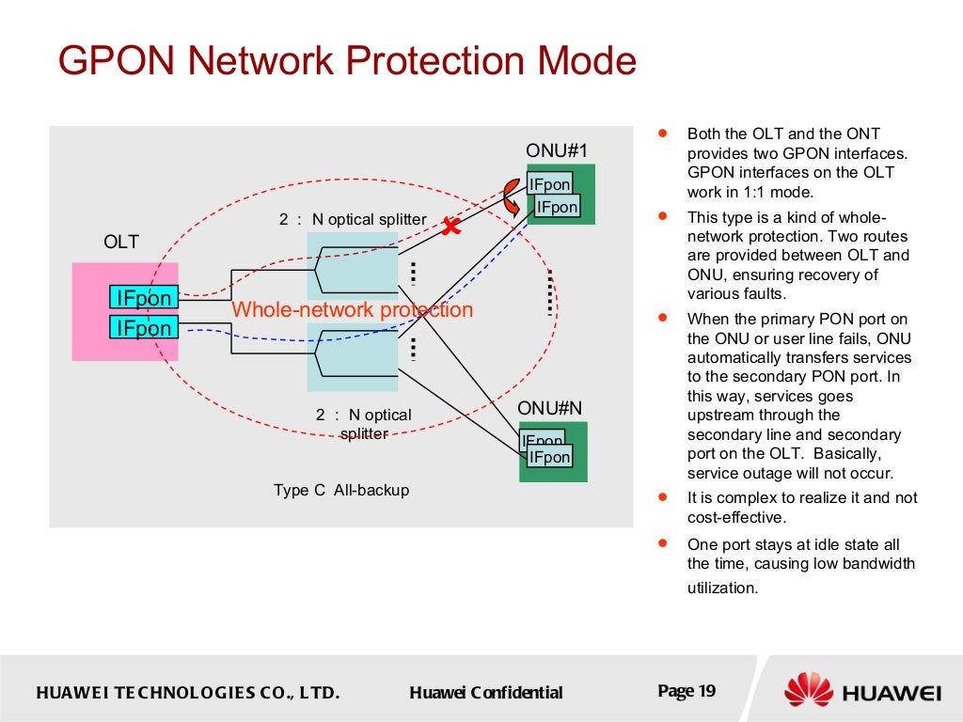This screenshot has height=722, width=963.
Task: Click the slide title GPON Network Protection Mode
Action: click(347, 62)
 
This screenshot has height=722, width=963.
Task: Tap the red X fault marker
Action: click(451, 226)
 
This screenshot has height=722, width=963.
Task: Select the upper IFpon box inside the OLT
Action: click(143, 298)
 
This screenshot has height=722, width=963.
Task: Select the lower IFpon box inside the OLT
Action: click(143, 327)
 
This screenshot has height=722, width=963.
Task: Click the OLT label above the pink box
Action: click(121, 243)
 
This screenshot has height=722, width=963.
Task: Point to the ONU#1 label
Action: click(556, 150)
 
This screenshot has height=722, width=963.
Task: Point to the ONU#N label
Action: click(550, 408)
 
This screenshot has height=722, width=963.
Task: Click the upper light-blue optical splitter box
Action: click(353, 266)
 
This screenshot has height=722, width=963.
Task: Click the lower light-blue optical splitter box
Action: click(353, 356)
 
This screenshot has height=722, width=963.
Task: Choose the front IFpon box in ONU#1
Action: click(557, 207)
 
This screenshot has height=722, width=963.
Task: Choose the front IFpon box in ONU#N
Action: click(549, 457)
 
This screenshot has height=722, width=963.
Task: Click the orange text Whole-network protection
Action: click(352, 310)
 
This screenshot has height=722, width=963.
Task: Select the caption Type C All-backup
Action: click(341, 490)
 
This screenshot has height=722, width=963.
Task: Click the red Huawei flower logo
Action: click(809, 690)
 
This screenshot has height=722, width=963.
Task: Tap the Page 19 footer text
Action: click(687, 691)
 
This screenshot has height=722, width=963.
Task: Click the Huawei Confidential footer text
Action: click(486, 693)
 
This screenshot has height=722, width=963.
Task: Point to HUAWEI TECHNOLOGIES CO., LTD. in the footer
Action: click(187, 693)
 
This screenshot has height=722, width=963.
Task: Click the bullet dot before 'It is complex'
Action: click(664, 496)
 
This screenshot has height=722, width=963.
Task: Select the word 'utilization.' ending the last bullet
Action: click(722, 588)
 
